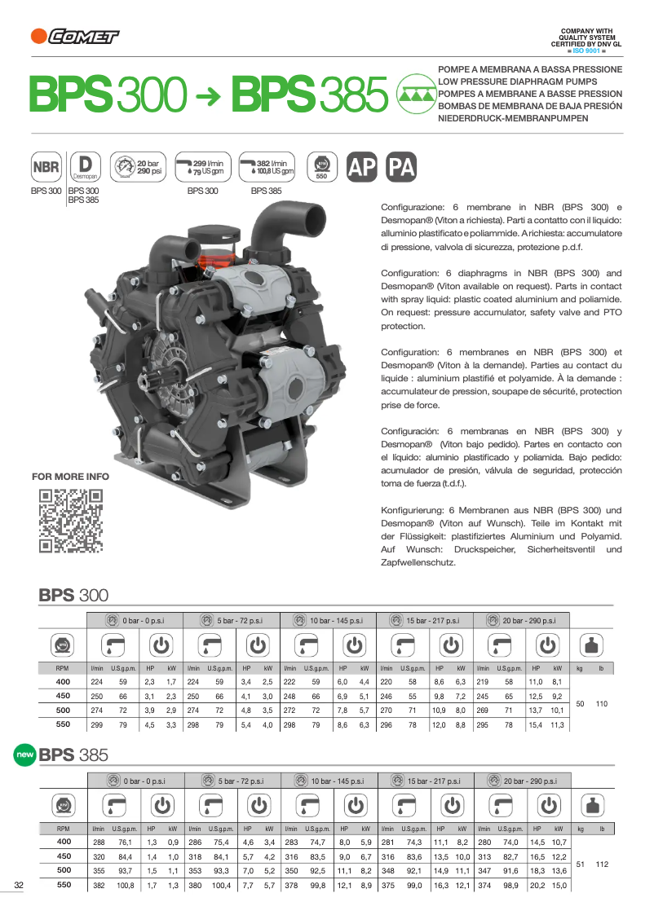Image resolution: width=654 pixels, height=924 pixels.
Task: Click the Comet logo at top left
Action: (74, 35)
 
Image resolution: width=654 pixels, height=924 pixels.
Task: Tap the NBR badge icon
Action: (46, 168)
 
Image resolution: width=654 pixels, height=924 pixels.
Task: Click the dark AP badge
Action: (362, 167)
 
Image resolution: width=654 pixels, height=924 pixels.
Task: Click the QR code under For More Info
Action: (72, 521)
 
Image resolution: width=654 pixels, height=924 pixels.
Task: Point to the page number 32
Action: (19, 886)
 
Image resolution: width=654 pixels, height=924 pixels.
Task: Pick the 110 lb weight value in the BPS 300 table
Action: (602, 703)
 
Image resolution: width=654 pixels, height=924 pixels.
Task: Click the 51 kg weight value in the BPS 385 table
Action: (580, 863)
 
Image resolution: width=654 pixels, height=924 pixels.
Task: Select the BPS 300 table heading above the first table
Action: (73, 596)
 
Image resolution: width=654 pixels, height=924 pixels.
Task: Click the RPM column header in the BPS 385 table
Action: (63, 829)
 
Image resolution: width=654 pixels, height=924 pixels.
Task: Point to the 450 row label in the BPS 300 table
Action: (63, 697)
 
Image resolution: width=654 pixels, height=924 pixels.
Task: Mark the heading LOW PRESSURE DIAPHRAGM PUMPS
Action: (517, 82)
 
